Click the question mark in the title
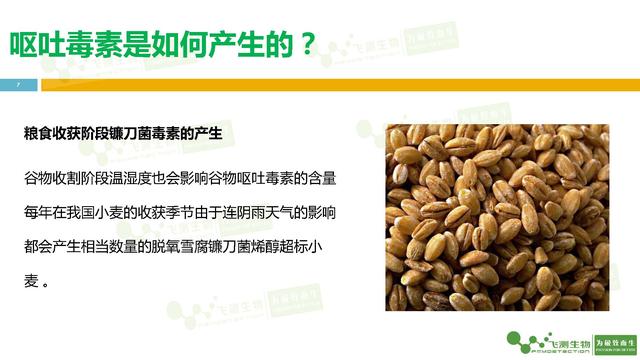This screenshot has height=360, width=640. [312, 45]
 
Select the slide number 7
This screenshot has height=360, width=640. [18, 85]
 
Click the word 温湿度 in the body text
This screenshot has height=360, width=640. [134, 179]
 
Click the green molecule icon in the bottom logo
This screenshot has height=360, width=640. [520, 340]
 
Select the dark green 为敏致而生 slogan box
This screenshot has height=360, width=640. [614, 340]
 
